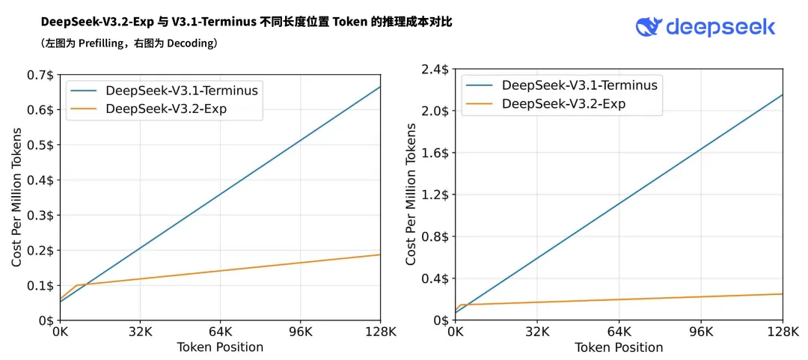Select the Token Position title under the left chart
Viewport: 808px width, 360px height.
220,347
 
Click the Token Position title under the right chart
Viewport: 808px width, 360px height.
619,347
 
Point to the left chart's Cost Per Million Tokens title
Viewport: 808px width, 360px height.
16,198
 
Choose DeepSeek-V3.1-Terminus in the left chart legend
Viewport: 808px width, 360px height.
182,91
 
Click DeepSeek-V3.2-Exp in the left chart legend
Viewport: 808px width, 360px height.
166,109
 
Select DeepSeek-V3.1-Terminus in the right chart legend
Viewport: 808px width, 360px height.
580,85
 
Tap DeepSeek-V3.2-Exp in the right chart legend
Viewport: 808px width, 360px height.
563,104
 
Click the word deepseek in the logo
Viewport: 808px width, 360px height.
720,28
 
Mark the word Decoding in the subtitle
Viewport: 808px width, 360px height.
190,43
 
